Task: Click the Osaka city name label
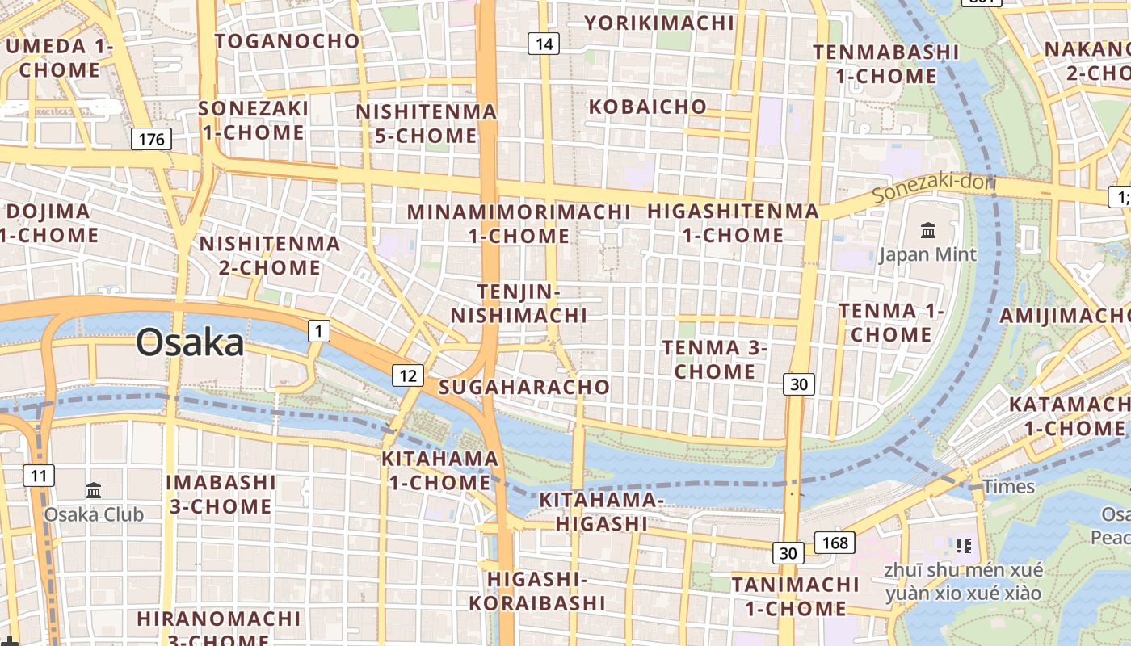point(190,342)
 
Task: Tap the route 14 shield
point(544,44)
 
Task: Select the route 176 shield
point(151,139)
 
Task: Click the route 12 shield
point(408,375)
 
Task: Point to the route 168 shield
point(835,542)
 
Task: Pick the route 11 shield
point(39,475)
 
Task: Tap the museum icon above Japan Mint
point(928,231)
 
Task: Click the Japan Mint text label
point(927,255)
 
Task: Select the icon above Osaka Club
point(94,490)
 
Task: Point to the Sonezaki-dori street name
point(934,188)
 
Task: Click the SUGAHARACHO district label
point(524,387)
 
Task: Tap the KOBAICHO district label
point(648,107)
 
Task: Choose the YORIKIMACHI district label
point(660,23)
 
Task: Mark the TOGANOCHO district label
point(288,40)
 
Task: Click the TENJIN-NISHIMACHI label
point(519,303)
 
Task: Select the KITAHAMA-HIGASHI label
point(601,512)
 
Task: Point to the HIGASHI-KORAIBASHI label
point(537,591)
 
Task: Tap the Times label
point(1008,486)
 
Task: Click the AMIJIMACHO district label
point(1065,316)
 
